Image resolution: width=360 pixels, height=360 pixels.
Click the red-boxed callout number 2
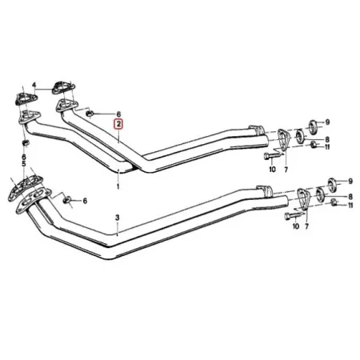coord(118,124)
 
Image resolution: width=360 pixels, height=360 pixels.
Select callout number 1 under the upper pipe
coord(118,186)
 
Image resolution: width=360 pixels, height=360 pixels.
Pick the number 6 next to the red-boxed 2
coord(118,114)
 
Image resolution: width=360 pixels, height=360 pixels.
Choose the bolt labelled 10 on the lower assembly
coord(292,212)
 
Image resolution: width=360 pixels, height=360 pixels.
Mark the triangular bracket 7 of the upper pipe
coord(283,140)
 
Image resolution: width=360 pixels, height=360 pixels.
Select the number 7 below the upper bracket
coord(287,170)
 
